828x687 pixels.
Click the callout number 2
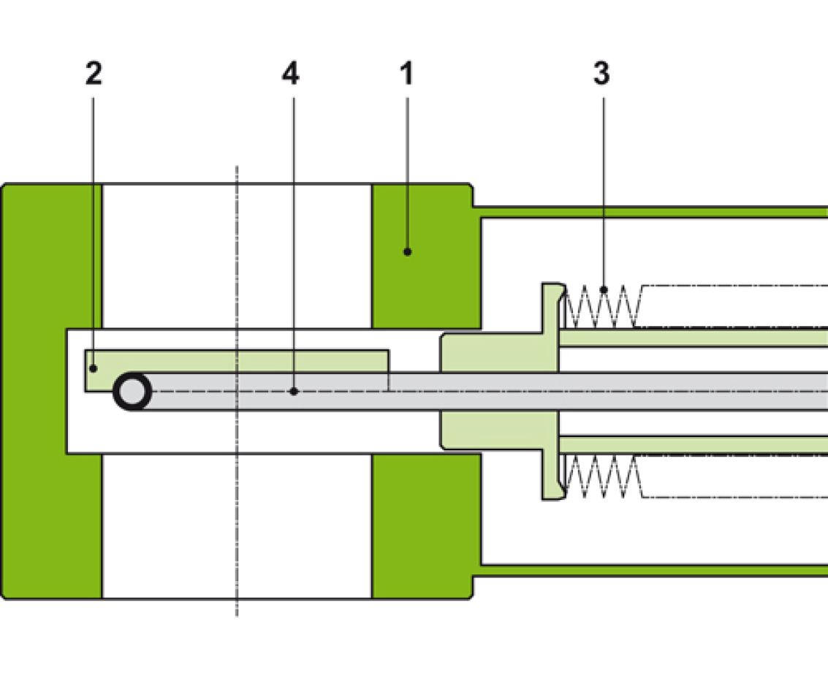(94, 74)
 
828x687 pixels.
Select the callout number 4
(291, 74)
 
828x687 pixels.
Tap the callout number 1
(406, 74)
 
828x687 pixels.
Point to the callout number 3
(601, 74)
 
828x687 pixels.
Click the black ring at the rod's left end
(132, 392)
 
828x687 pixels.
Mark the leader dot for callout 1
(408, 252)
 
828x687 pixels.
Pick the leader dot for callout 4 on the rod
(294, 392)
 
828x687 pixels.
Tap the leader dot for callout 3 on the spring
(604, 290)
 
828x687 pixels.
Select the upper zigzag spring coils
(603, 305)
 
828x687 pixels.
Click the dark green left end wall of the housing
(51, 391)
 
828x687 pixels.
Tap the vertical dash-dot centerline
(237, 512)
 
